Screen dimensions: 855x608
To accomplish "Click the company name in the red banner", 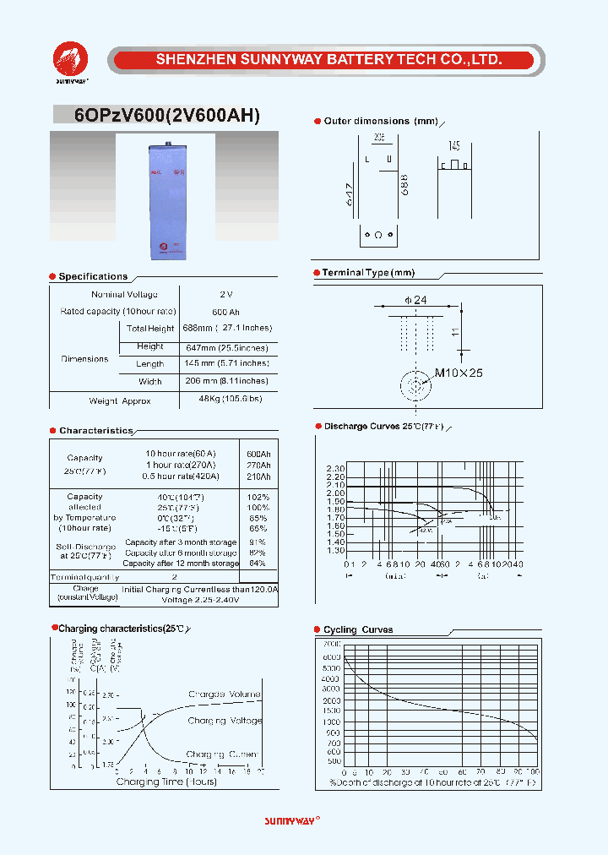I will pos(329,59).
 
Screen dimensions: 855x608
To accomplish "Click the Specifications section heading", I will pos(93,276).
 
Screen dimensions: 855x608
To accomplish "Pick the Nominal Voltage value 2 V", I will pos(225,294).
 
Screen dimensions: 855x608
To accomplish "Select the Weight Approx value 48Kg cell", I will pos(230,399).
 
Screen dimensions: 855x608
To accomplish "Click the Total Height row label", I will pos(149,329).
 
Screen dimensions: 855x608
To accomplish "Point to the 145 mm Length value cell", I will pos(227,363).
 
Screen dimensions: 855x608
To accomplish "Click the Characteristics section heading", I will pos(96,431).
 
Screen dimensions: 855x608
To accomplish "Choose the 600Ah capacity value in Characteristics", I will pos(258,454).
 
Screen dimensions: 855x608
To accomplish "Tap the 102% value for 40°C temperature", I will pos(258,497).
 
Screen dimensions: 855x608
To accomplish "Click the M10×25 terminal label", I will pos(459,373).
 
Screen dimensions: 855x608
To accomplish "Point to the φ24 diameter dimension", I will pos(415,300).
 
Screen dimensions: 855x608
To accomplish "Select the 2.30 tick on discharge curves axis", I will pos(335,469).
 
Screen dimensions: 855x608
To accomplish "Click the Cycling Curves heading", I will pos(358,629).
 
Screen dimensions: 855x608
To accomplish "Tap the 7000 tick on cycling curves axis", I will pos(333,645).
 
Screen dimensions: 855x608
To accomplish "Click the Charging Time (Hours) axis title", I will pos(166,781).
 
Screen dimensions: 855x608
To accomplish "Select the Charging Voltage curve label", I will pos(225,721).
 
